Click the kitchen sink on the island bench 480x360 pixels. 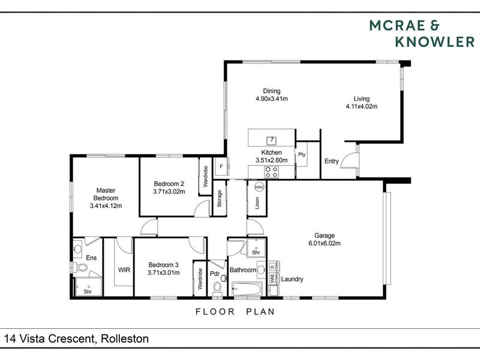point(272,140)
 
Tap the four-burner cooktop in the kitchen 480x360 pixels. point(272,172)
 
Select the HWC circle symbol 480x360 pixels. point(259,187)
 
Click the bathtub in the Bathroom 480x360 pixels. point(247,289)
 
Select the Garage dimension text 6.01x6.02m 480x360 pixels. point(325,244)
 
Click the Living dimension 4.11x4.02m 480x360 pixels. point(362,107)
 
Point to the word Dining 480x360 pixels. point(272,91)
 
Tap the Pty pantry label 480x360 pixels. point(302,155)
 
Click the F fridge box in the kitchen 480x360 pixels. point(221,166)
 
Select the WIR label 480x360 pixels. point(124,270)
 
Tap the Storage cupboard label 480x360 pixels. point(219,199)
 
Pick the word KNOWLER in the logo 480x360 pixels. point(435,42)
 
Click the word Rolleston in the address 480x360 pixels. point(125,338)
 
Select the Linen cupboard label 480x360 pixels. point(257,203)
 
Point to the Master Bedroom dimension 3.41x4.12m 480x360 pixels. point(106,206)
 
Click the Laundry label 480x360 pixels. point(292,279)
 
